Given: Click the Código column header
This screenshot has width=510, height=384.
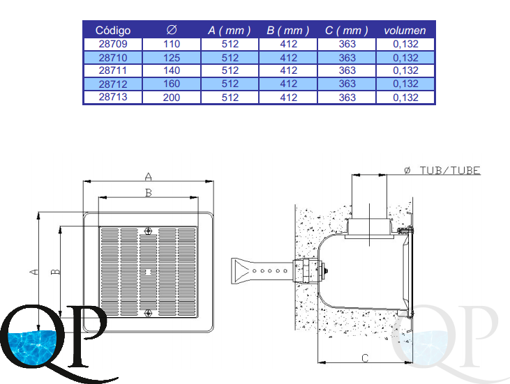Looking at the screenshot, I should [113, 31].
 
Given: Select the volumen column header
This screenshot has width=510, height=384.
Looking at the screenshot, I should [405, 31].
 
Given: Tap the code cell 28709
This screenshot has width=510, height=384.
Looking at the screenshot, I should [113, 44].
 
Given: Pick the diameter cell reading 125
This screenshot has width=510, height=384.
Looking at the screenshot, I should [172, 58].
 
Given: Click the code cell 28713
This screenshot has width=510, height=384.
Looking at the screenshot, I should [113, 98].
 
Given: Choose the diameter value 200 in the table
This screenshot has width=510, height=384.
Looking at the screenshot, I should [172, 98].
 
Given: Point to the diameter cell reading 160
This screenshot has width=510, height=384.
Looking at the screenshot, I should [172, 84].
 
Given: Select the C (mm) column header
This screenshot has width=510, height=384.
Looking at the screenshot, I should [347, 31].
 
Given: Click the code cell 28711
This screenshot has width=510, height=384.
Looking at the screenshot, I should [113, 71].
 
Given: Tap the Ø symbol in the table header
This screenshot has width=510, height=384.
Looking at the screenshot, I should [172, 30].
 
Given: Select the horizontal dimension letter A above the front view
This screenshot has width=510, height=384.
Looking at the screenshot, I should [148, 175].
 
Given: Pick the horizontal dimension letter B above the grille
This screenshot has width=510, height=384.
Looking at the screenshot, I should [148, 193].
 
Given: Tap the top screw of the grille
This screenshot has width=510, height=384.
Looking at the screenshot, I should [147, 232].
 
